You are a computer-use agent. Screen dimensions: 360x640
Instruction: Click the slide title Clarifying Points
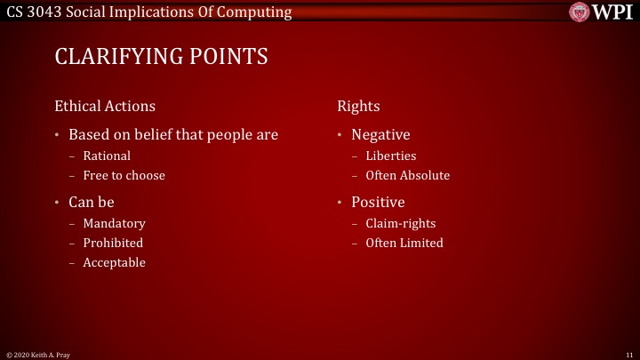(x=161, y=57)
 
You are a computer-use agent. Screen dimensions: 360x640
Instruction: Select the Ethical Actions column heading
(x=105, y=106)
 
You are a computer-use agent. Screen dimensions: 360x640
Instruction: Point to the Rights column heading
(x=358, y=106)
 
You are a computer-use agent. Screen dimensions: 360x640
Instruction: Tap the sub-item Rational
(x=107, y=156)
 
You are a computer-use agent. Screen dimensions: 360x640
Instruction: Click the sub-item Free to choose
(x=124, y=175)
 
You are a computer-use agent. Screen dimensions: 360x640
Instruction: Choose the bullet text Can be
(x=92, y=202)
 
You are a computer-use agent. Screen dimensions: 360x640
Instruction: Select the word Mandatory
(x=114, y=223)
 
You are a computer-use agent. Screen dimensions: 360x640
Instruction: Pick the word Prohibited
(x=113, y=243)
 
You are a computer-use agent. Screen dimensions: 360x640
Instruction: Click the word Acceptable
(x=114, y=262)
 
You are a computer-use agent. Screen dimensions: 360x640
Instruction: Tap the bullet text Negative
(x=380, y=135)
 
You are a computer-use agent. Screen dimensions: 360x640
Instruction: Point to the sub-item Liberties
(x=390, y=156)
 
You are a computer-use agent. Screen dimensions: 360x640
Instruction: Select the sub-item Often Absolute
(x=407, y=175)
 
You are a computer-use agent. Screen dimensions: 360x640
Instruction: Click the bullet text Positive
(x=378, y=202)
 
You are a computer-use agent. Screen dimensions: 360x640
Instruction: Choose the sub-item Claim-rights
(x=401, y=223)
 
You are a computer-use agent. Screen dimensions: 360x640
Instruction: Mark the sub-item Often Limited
(x=404, y=243)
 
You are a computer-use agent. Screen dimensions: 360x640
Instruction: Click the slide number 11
(x=628, y=355)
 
